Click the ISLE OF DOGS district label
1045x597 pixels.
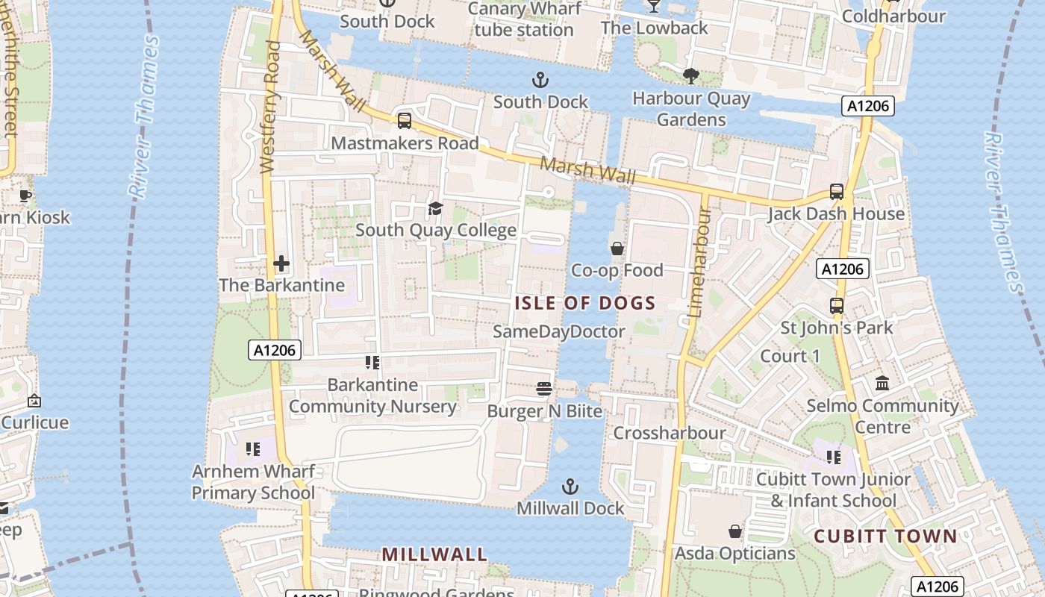[x=584, y=303]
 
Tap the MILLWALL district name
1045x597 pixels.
[x=434, y=554]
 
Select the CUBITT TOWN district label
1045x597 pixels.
[x=885, y=536]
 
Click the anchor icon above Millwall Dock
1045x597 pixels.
[x=570, y=487]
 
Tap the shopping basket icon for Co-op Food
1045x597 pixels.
[x=617, y=249]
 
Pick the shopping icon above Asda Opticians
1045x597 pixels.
[x=735, y=531]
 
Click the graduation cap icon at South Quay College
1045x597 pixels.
[x=435, y=208]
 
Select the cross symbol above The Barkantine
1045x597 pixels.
[x=281, y=263]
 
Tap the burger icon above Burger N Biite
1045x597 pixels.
[x=544, y=389]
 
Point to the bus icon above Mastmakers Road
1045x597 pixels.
[x=405, y=121]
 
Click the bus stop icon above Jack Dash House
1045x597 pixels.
[x=837, y=192]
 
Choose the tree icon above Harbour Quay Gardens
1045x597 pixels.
[x=691, y=75]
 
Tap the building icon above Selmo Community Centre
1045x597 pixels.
[x=882, y=384]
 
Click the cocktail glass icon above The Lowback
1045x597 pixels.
[x=654, y=6]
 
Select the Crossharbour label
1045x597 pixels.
[x=669, y=433]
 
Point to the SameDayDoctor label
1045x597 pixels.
[x=559, y=331]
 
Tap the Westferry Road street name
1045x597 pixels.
[x=270, y=108]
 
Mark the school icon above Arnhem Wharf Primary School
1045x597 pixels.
[x=253, y=449]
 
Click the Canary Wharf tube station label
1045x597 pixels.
[x=523, y=19]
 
